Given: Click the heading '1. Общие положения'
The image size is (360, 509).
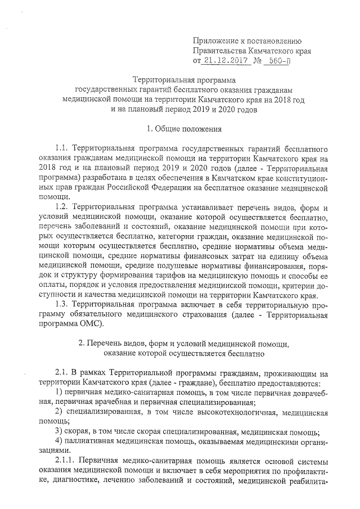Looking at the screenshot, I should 184,129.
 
